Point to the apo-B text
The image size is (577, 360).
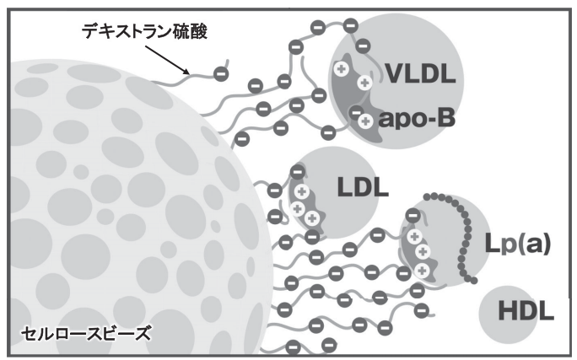tap(417, 119)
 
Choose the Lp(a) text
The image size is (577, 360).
tap(517, 244)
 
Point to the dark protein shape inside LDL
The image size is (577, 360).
tap(304, 202)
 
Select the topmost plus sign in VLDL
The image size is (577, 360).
tap(343, 67)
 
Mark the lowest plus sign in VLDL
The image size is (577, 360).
tap(365, 121)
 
